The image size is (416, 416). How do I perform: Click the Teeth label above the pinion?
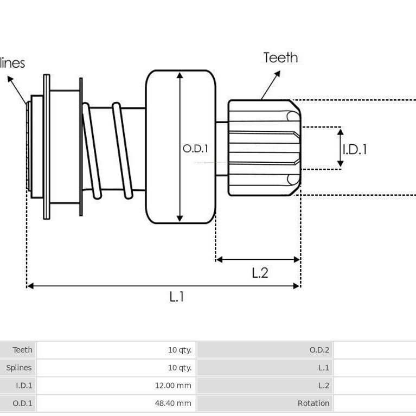pyautogui.click(x=280, y=58)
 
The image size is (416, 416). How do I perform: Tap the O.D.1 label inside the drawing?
pyautogui.click(x=195, y=149)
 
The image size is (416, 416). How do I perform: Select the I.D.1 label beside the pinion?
pyautogui.click(x=355, y=149)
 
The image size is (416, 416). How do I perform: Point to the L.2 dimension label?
pyautogui.click(x=260, y=273)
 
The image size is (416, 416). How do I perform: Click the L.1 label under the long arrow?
pyautogui.click(x=176, y=296)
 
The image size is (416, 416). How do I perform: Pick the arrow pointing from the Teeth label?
pyautogui.click(x=271, y=85)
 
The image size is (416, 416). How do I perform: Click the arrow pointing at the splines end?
pyautogui.click(x=17, y=89)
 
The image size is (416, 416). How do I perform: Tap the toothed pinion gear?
pyautogui.click(x=264, y=148)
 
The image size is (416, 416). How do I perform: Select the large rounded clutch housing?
pyautogui.click(x=181, y=147)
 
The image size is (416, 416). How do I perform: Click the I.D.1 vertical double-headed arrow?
pyautogui.click(x=341, y=148)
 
